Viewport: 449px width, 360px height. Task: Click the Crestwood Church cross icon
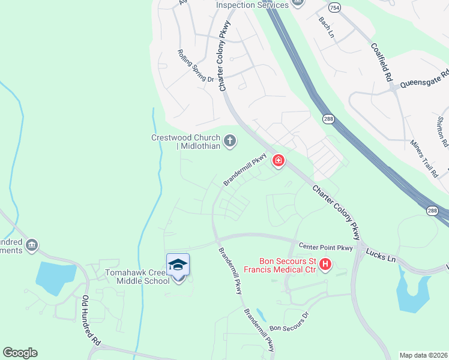[229, 142]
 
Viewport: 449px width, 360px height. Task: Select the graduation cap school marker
[178, 265]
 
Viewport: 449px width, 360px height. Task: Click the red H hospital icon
[325, 264]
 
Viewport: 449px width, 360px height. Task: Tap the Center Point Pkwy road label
[326, 247]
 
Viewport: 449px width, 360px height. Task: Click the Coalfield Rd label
[381, 62]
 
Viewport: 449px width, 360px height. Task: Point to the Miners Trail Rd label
[424, 158]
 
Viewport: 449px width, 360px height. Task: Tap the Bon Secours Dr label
[289, 322]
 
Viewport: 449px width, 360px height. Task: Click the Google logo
[20, 353]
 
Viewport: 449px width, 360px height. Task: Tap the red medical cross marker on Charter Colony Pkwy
[278, 160]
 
